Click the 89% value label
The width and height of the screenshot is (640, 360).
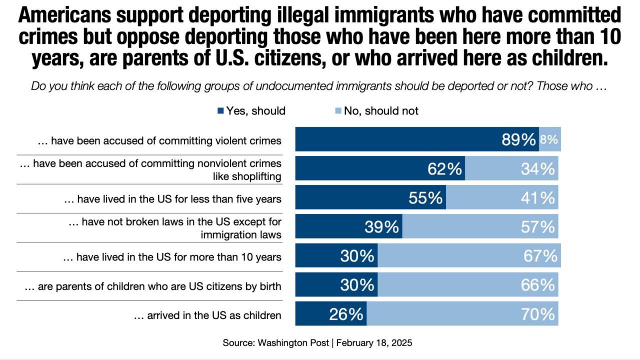(x=518, y=140)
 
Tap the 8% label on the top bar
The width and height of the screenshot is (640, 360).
(x=549, y=140)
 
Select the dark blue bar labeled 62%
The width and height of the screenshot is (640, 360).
(x=380, y=168)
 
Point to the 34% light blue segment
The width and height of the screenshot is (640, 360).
(x=511, y=168)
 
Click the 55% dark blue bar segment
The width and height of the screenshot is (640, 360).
(x=370, y=198)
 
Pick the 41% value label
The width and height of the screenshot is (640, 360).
(x=537, y=198)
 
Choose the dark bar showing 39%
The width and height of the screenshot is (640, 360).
(x=348, y=227)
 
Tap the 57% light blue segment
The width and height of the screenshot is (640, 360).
(x=480, y=227)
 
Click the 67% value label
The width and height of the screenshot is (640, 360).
(x=540, y=256)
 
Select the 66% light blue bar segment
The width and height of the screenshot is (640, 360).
(x=467, y=285)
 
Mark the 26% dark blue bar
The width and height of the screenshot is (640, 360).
(x=330, y=314)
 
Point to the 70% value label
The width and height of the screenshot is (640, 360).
(x=537, y=314)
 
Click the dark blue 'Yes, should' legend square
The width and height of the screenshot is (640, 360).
(x=220, y=111)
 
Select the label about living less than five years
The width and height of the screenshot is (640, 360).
(x=172, y=199)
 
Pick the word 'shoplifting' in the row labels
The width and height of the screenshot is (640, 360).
(x=256, y=176)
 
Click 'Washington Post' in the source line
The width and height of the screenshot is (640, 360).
(x=293, y=343)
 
